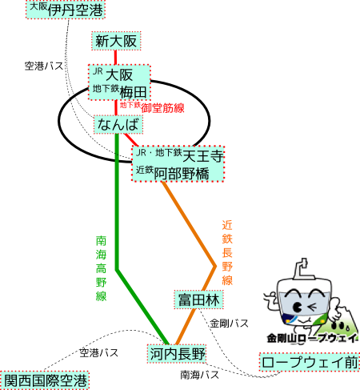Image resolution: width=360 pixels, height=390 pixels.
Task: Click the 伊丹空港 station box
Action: click(x=66, y=10)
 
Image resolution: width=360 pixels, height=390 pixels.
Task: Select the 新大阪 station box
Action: click(x=116, y=41)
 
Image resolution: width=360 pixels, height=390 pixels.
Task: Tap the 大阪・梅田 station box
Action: click(x=119, y=82)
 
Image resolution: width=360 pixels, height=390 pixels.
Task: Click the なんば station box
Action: click(x=118, y=125)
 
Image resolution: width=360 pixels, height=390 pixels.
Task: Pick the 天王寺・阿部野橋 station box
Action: click(x=178, y=164)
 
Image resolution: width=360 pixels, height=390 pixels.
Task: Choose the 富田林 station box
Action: click(x=198, y=300)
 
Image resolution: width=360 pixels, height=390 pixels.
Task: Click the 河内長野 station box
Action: click(x=177, y=354)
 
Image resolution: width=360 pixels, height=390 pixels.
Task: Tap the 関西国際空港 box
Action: click(x=45, y=380)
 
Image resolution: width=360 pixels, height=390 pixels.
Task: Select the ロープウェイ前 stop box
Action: click(x=310, y=362)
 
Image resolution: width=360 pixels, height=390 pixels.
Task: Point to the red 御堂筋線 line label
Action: click(x=152, y=107)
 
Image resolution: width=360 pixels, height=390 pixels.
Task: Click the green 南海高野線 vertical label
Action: click(x=101, y=268)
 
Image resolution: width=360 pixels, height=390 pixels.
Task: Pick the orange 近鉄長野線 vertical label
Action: click(x=227, y=252)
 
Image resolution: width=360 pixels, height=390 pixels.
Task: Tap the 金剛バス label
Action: click(x=229, y=324)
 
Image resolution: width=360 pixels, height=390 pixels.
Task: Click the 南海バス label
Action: click(x=199, y=375)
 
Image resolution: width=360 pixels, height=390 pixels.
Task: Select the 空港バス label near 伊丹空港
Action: click(x=44, y=66)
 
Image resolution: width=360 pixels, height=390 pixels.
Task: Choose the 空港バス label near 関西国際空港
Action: click(x=98, y=353)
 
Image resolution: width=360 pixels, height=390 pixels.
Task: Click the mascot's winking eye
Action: click(x=313, y=307)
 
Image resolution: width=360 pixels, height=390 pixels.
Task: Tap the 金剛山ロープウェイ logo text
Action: click(x=313, y=338)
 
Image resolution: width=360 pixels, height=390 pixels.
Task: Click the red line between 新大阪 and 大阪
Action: click(x=115, y=58)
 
